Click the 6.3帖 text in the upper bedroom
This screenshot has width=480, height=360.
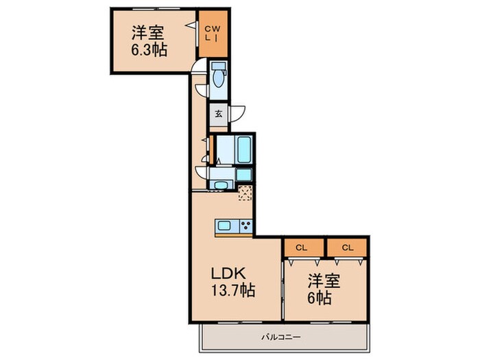147,49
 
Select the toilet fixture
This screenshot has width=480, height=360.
218,76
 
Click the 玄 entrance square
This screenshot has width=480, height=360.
218,114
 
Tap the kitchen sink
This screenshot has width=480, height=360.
226,226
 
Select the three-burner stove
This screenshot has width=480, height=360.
245,226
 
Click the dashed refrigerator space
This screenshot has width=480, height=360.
245,193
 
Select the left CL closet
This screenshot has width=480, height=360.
301,247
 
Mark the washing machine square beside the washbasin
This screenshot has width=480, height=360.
244,174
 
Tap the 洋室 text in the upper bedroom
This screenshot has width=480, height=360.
147,32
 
